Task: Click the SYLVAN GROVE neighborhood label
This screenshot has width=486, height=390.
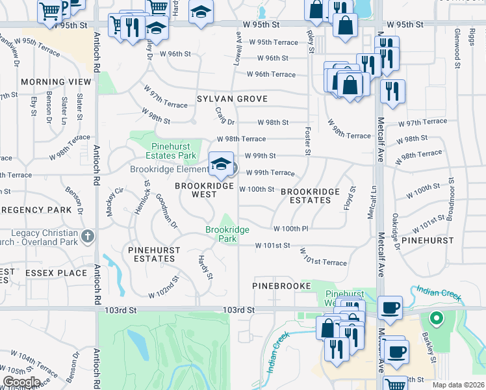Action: point(232,99)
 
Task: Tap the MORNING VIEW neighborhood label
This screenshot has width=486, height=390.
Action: point(56,82)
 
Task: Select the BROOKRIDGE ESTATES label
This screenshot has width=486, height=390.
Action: point(310,196)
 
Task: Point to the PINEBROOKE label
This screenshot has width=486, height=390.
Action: point(278,286)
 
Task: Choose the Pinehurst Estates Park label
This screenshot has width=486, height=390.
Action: point(174,151)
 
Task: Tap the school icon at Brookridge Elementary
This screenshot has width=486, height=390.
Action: point(221,164)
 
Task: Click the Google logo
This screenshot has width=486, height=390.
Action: point(21,382)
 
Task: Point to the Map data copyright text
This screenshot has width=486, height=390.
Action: point(457,385)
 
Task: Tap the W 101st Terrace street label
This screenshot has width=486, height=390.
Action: point(323,257)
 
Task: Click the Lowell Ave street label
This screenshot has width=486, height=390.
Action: point(238,51)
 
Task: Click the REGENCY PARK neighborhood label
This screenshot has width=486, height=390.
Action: point(36,211)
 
